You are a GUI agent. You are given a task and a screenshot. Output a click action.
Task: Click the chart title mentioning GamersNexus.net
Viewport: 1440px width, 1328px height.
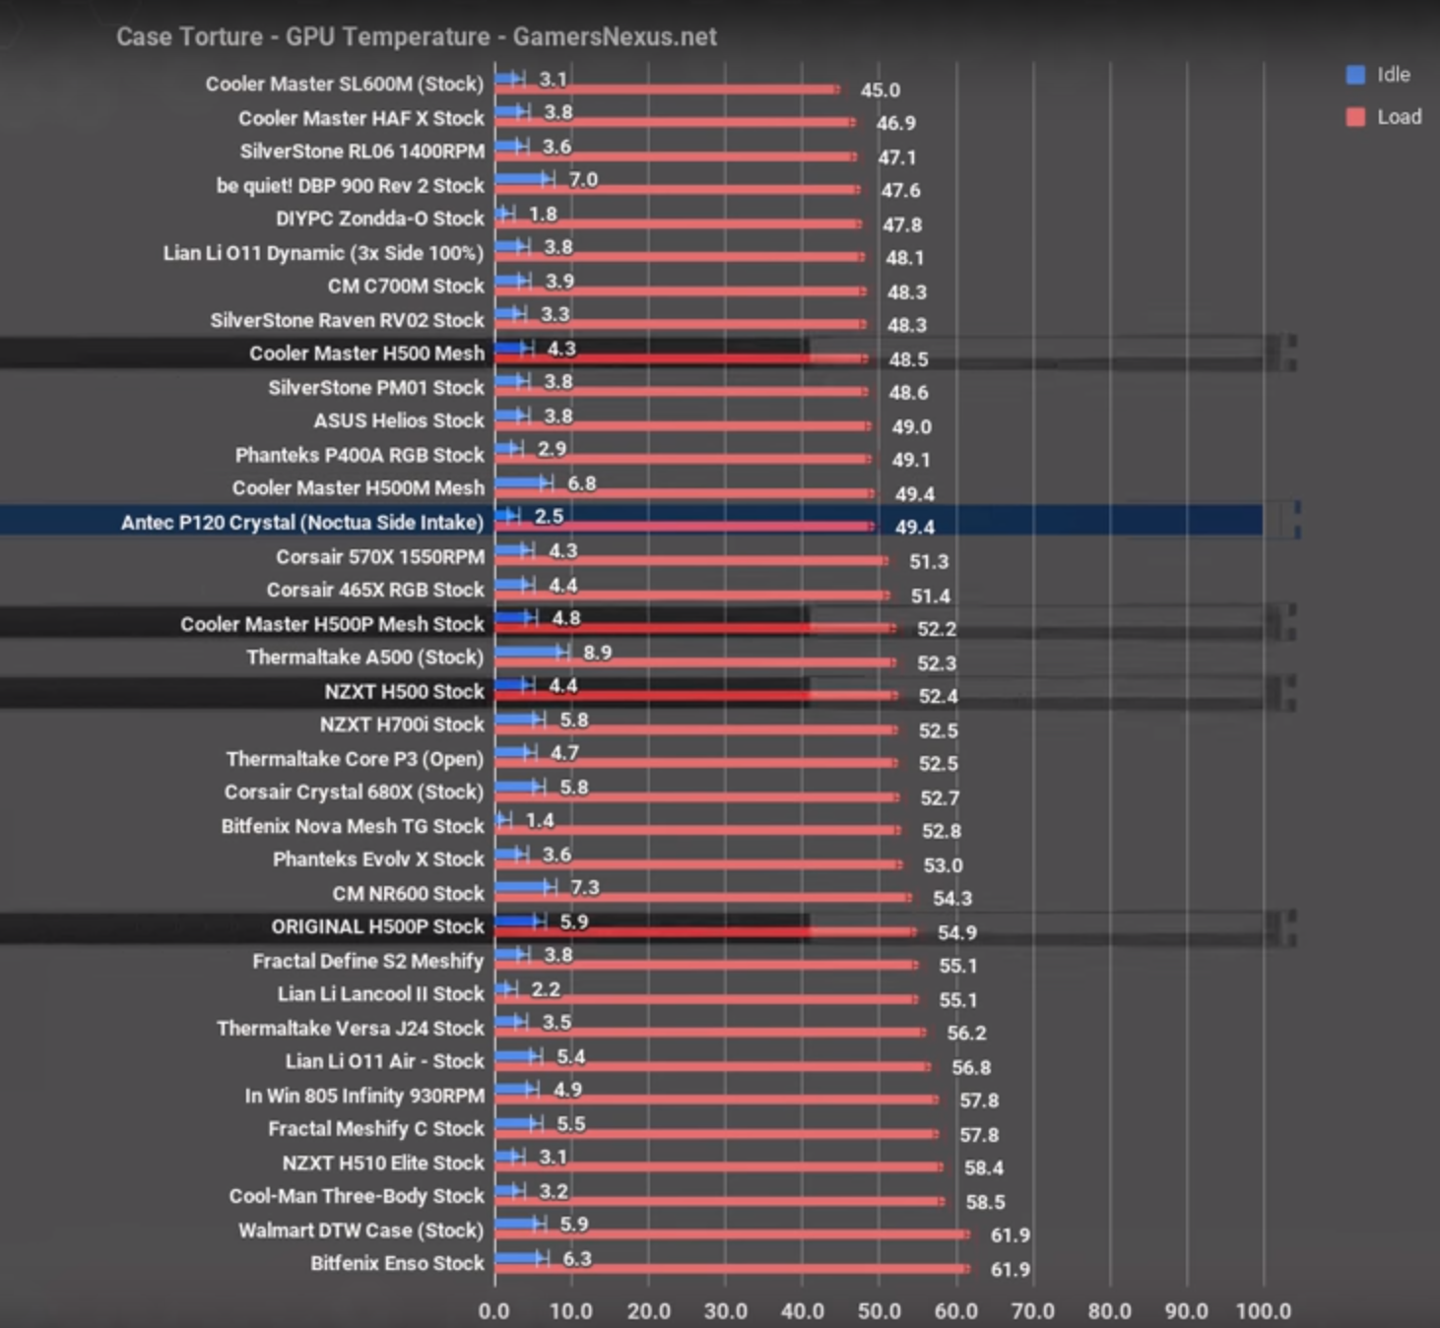(x=416, y=36)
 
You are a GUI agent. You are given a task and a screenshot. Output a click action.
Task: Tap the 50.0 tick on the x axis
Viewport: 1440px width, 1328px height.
(x=879, y=1310)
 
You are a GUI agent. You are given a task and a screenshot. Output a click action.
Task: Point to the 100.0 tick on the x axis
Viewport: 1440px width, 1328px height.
(x=1263, y=1310)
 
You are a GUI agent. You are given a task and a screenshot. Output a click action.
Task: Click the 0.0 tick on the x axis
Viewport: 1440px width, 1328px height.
(x=494, y=1310)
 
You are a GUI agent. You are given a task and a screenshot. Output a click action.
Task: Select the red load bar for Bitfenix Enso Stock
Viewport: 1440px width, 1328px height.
(x=731, y=1268)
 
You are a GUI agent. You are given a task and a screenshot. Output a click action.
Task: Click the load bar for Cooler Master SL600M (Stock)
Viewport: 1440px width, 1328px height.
(x=667, y=90)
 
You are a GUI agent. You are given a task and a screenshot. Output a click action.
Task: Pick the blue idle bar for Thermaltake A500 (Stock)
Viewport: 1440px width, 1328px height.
(x=530, y=652)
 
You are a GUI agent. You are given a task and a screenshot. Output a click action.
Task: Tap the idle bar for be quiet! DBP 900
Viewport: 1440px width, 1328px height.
(x=522, y=179)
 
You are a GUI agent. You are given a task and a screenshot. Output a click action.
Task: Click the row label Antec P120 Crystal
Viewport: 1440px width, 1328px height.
(x=301, y=522)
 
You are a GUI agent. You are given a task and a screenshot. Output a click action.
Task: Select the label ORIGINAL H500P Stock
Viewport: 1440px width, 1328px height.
(x=377, y=926)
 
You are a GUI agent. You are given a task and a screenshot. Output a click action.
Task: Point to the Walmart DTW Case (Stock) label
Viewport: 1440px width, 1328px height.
(x=360, y=1230)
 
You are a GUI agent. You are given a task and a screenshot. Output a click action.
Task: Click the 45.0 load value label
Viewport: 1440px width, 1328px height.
(x=880, y=90)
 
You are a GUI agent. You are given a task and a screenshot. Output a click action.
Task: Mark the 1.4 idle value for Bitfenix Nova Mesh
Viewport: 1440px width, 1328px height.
(x=540, y=820)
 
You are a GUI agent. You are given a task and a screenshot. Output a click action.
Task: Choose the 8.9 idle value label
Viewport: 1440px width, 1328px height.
(x=597, y=652)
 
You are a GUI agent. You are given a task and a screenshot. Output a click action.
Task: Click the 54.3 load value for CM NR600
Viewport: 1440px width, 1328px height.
(x=951, y=898)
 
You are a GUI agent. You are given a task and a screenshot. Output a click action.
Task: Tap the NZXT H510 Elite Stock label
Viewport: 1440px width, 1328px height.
(x=383, y=1163)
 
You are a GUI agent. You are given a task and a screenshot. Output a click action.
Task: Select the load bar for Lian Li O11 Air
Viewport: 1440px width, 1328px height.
(x=711, y=1066)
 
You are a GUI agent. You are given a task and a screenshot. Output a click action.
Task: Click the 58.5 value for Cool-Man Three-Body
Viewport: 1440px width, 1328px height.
(x=985, y=1202)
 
